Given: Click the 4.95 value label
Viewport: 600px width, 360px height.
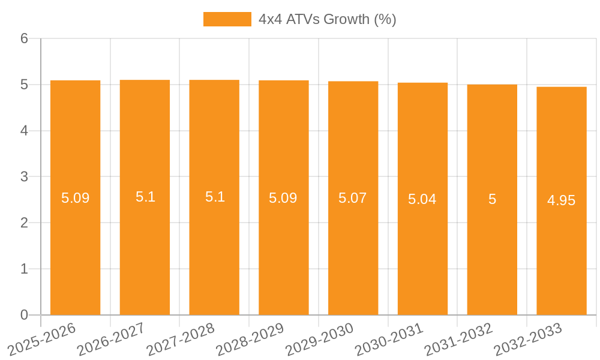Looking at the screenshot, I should [562, 200].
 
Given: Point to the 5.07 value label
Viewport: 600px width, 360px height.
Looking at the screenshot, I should [353, 198].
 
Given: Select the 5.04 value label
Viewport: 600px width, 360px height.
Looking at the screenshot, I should [422, 199].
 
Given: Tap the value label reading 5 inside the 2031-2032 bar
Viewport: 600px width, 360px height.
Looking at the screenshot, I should [492, 199].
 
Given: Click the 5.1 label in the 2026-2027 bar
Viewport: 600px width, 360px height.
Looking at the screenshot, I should [145, 197].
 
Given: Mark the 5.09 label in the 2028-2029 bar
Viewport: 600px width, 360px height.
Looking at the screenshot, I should [283, 198].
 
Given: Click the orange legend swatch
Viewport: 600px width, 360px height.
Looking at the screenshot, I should [227, 19].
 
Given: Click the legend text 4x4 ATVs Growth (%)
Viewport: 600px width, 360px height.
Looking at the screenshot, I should [327, 19].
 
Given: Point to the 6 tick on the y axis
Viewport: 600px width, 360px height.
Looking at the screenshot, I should [24, 38].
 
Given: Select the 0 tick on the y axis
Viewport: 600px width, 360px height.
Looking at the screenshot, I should [24, 315].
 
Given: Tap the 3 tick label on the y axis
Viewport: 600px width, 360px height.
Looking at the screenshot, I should [24, 177].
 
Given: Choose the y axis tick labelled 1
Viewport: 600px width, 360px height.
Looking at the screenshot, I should [24, 269].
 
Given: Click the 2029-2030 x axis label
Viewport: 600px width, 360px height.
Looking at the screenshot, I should [320, 339].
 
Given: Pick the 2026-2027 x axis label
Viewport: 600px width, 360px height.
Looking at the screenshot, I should [112, 339].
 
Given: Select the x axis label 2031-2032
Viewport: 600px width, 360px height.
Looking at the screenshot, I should [459, 339].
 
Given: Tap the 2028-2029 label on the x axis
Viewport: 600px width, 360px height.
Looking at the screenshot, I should [250, 339].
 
